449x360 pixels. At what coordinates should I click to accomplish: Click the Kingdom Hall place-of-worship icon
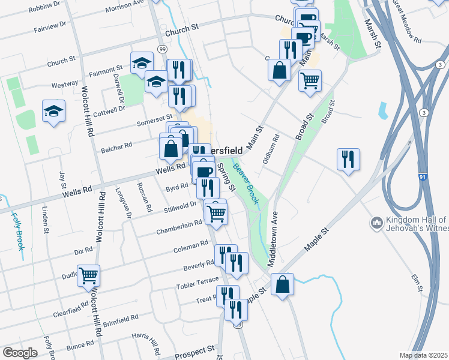point(378,223)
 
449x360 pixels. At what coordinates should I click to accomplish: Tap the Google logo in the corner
point(20,353)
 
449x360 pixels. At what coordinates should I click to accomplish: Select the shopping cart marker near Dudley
point(89,275)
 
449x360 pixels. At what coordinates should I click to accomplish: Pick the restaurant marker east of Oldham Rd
point(348,159)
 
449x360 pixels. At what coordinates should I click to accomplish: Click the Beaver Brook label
point(247,185)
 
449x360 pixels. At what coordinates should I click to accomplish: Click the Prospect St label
point(194,349)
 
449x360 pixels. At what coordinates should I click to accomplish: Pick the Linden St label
point(46,220)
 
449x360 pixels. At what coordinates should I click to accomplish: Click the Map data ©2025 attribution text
point(423,355)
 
